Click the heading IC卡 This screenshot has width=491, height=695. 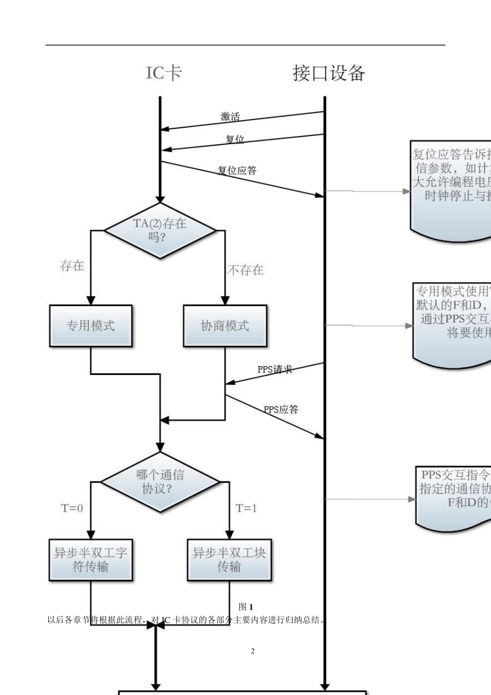click(x=163, y=73)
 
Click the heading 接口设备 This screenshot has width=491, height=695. click(x=329, y=73)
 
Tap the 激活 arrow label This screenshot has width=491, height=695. click(x=230, y=117)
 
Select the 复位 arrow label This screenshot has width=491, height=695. click(x=235, y=140)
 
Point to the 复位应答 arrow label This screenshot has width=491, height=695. click(x=237, y=170)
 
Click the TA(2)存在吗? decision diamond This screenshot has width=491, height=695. click(x=160, y=231)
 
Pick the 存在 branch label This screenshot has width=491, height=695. click(x=72, y=266)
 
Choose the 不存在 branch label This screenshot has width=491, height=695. click(x=245, y=270)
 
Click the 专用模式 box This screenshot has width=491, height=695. click(x=91, y=326)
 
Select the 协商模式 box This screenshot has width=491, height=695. click(x=225, y=326)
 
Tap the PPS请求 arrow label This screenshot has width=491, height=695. click(x=274, y=369)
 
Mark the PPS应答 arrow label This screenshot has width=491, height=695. click(x=281, y=410)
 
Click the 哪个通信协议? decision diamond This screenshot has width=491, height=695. click(x=160, y=482)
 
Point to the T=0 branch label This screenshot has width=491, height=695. click(x=72, y=508)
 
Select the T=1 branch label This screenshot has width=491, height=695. click(x=246, y=508)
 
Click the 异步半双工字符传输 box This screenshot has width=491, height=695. click(x=91, y=560)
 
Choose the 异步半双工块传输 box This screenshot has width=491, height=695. click(x=229, y=560)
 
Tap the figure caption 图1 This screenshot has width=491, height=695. click(x=246, y=607)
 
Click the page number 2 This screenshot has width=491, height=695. click(x=253, y=651)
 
